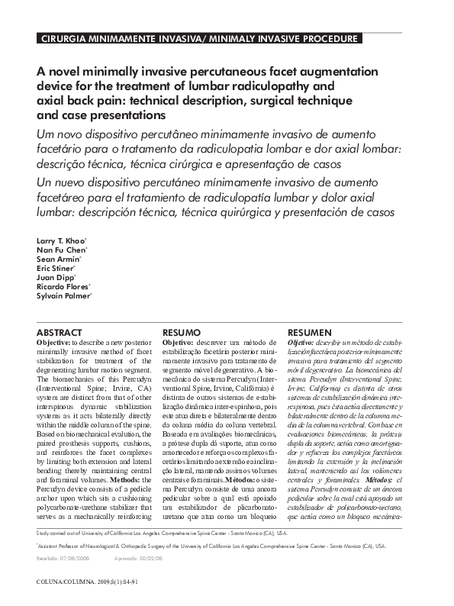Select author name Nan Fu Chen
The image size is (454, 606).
pyautogui.click(x=61, y=250)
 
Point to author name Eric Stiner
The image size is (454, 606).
pyautogui.click(x=56, y=268)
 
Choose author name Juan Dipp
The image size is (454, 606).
pyautogui.click(x=55, y=277)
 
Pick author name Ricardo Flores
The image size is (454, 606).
pyautogui.click(x=63, y=286)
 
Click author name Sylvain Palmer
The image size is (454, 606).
pyautogui.click(x=63, y=295)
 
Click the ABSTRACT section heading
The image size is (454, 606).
pyautogui.click(x=60, y=333)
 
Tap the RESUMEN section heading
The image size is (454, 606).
pyautogui.click(x=309, y=333)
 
